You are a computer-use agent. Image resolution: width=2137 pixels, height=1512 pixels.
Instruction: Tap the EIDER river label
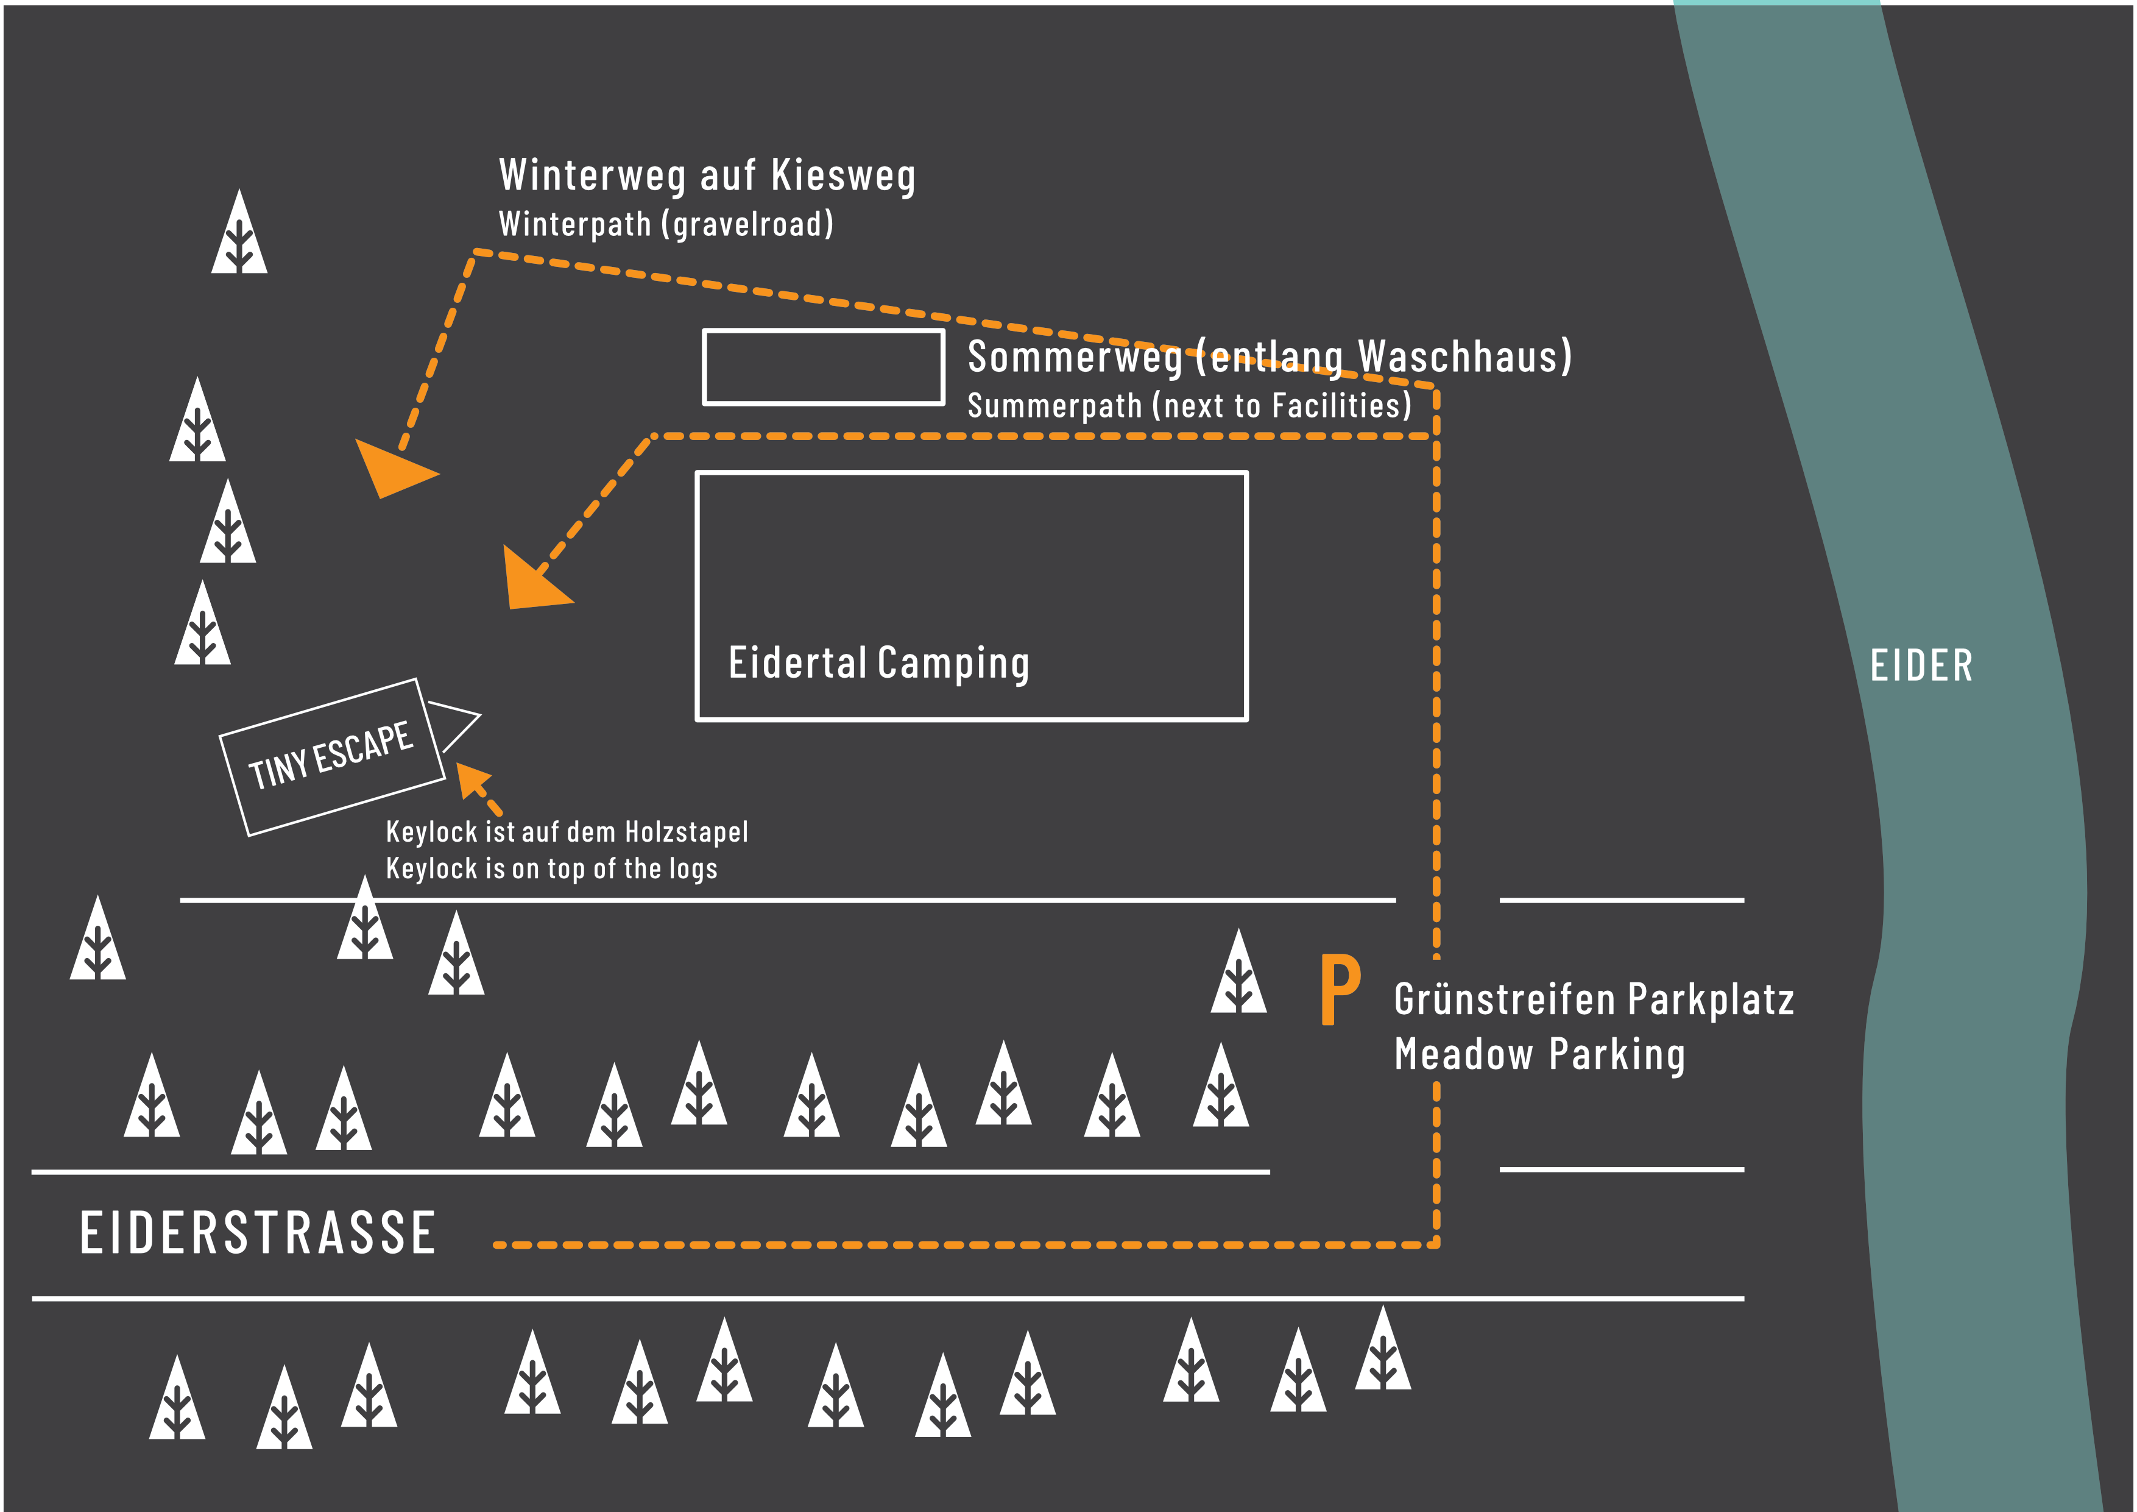[x=1921, y=665]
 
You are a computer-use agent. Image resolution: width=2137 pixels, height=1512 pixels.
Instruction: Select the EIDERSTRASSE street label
[x=258, y=1233]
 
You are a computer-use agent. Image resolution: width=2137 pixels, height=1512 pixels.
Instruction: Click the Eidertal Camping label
[x=878, y=663]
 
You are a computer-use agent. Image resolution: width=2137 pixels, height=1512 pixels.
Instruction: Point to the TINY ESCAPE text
[x=330, y=755]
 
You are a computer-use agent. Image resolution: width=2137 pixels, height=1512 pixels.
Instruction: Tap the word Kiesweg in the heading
[x=843, y=176]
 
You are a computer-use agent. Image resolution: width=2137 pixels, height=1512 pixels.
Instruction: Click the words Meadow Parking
[x=1539, y=1055]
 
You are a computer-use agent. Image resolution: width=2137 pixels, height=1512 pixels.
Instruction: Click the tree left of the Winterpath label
[x=239, y=233]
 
